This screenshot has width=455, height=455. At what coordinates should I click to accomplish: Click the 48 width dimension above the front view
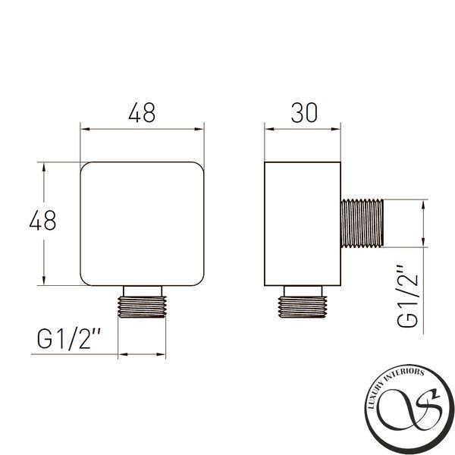coord(142,112)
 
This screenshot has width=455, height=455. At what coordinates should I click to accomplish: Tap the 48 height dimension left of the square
coord(42,220)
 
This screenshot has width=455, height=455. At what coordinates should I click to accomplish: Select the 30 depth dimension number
coord(304,112)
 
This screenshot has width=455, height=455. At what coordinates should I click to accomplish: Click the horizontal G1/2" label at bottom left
coord(69,339)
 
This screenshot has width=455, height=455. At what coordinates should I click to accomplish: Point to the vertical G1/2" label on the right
coord(408,296)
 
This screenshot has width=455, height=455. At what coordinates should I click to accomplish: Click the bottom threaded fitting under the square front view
coord(142,306)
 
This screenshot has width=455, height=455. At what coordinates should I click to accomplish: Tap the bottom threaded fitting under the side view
coord(303,306)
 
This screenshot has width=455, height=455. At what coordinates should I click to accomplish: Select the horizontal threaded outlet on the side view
coord(362,224)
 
